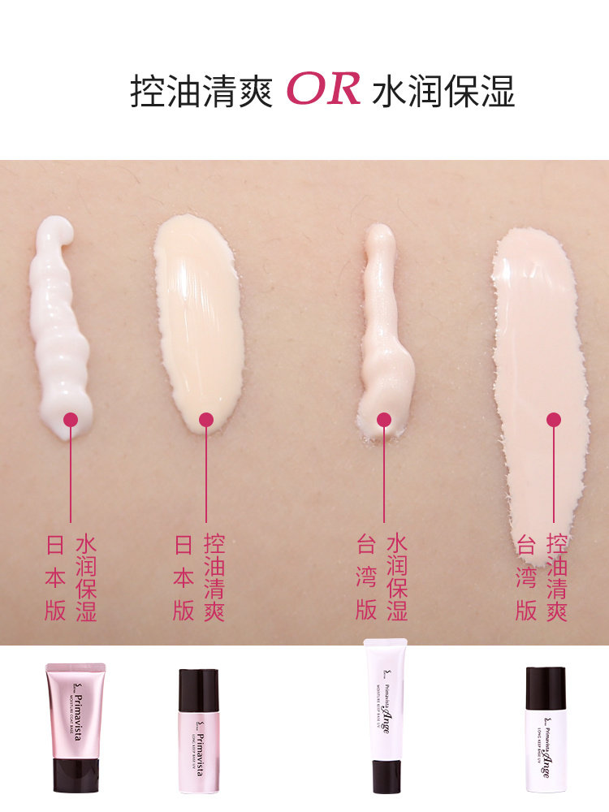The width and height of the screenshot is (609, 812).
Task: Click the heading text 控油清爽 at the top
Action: coord(201,93)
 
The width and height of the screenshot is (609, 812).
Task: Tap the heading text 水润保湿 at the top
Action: coord(443,93)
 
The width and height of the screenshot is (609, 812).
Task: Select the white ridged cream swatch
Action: coord(60,333)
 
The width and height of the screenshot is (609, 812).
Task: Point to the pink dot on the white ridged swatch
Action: coord(71,420)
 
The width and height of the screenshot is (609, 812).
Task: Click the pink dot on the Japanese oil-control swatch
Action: coord(206,420)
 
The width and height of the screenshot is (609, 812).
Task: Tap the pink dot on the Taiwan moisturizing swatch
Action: coord(384,420)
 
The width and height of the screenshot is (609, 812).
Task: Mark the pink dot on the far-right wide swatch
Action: coord(554,420)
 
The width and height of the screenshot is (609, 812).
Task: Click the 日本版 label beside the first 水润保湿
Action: coord(55,577)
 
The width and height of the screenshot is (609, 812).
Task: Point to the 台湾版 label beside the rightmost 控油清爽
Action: coord(526,577)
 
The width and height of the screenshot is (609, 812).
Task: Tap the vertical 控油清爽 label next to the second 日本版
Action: coord(214,577)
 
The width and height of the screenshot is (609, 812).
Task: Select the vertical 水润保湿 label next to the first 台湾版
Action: coord(397,577)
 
